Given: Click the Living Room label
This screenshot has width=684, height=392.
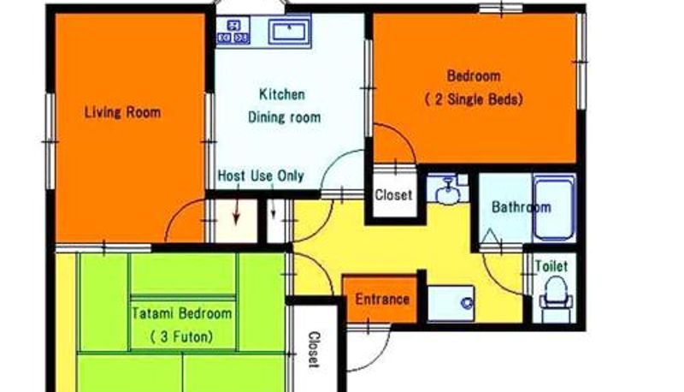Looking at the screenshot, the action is pos(122,112).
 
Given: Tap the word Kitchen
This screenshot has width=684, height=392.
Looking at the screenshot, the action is pos(282,94).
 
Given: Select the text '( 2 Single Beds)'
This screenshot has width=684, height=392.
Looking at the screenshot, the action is pos(474,99).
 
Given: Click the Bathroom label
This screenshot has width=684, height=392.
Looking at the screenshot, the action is pos(522,206).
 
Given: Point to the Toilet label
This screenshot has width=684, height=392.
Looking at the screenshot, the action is pos(551,266).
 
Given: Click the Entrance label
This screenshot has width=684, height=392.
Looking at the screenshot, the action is pos(382,299).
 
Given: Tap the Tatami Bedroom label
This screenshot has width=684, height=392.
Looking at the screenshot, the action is pos(181,313).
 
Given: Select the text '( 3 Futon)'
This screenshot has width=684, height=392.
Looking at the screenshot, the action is pos(181,336).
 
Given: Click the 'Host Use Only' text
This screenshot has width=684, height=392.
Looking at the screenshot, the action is pos(261,175).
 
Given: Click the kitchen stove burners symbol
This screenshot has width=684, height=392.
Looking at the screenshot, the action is pos(233,31).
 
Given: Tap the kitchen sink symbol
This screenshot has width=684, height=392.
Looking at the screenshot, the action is pos(289,31).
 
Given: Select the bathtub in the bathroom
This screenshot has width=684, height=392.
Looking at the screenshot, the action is pos(554,208).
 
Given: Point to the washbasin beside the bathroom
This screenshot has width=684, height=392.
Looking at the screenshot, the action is pos(446,190).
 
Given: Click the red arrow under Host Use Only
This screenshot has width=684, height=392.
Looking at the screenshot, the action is pos(237,205).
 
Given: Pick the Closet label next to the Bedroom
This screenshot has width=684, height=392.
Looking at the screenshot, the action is pos(393,194).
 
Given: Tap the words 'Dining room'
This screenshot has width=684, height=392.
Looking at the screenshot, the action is pos(285,117).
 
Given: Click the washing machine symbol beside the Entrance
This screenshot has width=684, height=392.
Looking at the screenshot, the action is pos(451,302).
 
